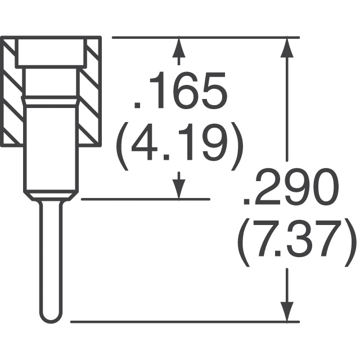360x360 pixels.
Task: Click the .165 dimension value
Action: [181, 90]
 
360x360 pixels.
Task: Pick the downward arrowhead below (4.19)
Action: [179, 189]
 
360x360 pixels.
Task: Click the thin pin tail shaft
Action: [51, 259]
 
